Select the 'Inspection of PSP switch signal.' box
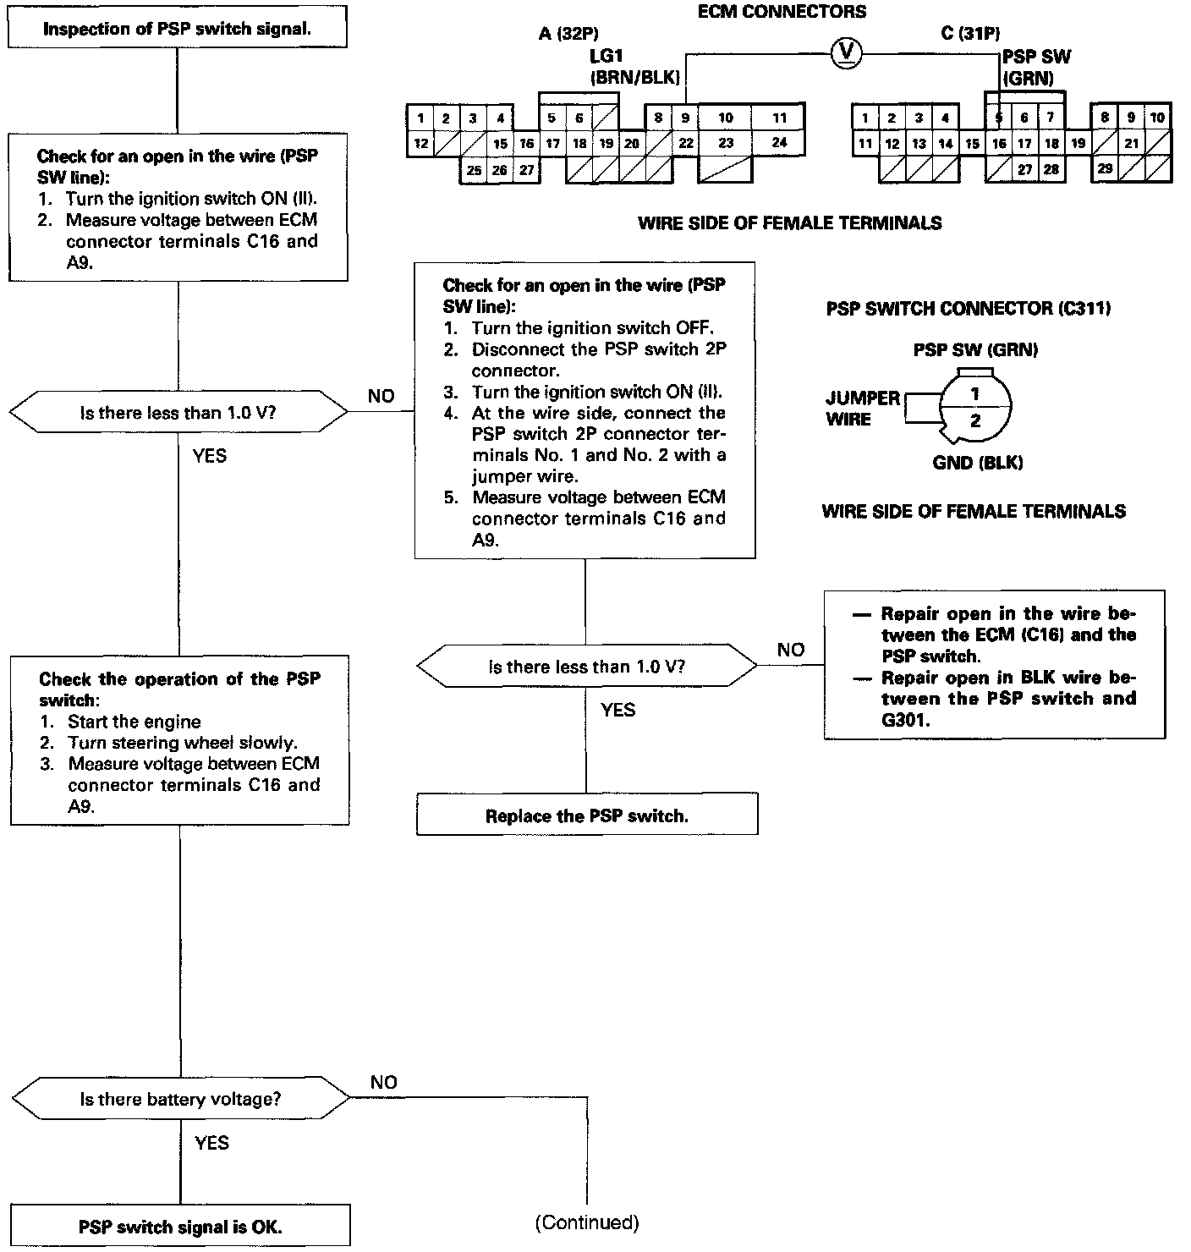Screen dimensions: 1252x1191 coord(177,30)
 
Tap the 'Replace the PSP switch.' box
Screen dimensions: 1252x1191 coord(586,815)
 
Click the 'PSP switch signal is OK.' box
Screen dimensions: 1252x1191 coord(180,1227)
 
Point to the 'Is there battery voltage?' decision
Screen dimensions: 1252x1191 coord(180,1099)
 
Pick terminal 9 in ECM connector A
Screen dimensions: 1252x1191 coord(686,118)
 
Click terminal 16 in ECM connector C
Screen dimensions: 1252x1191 coord(999,144)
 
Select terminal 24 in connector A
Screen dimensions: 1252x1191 coord(779,142)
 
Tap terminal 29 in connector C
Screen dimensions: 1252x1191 coord(1105,168)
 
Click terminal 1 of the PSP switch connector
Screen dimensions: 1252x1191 coord(975,393)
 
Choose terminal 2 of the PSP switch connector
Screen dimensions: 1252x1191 coord(975,420)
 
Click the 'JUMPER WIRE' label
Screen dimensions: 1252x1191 coord(862,409)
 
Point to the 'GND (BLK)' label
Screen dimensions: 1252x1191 coord(977,463)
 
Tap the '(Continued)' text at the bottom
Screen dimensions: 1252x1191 coord(586,1222)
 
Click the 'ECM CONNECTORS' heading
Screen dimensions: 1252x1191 coord(782,12)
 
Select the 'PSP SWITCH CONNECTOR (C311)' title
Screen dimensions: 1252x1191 coord(968,309)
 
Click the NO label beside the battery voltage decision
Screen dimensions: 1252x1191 coord(383,1082)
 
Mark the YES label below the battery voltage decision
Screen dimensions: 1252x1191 coord(211,1143)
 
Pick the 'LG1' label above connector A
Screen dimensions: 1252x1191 coord(606,57)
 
